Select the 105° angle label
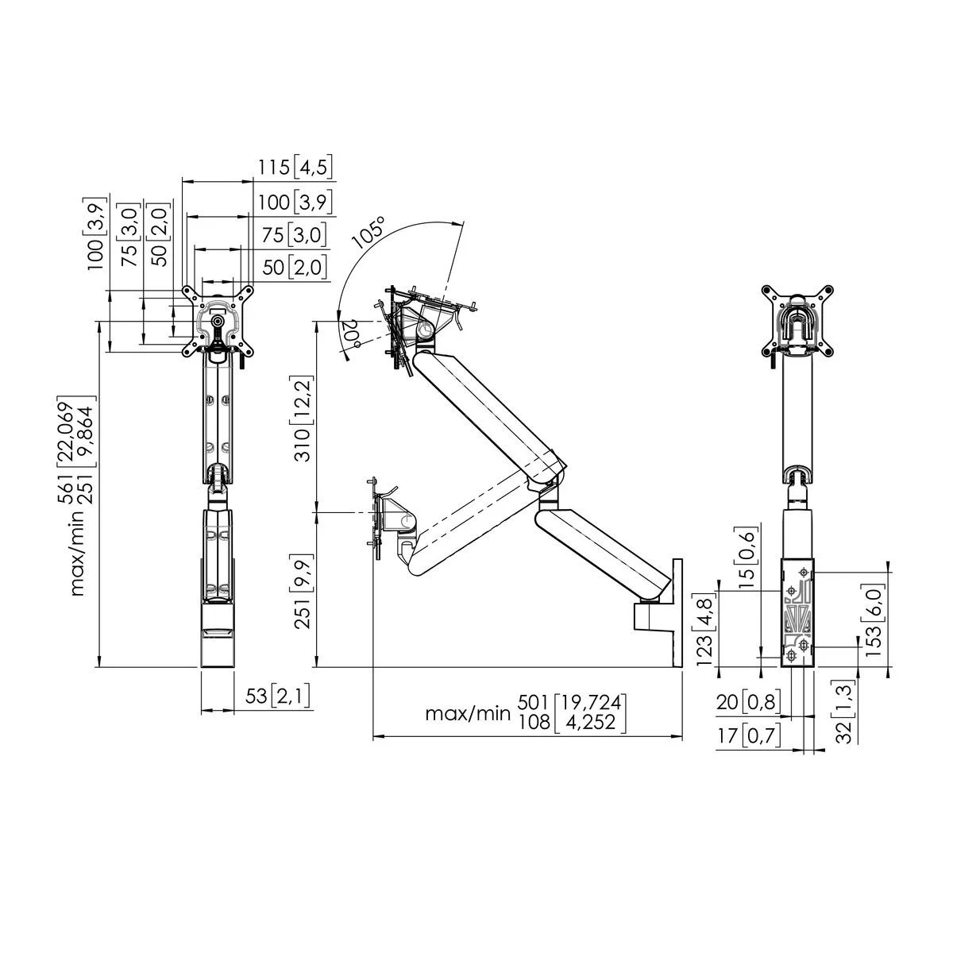369,232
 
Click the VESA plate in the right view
797,317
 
